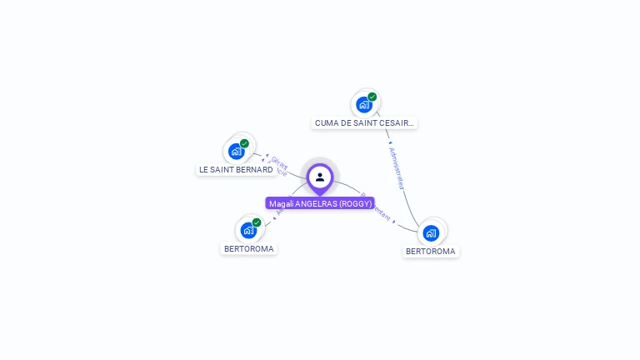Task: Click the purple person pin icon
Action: click(320, 177)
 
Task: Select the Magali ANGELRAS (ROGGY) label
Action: click(320, 203)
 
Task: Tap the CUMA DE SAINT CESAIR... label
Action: click(364, 122)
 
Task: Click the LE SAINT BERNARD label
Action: click(236, 169)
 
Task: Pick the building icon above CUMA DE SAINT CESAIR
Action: click(363, 105)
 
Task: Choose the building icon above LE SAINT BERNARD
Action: click(236, 152)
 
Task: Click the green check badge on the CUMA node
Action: click(372, 97)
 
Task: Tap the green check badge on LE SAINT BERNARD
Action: click(245, 143)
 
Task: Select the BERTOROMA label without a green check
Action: click(431, 251)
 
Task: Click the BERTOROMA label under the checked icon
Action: click(249, 248)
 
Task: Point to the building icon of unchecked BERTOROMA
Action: click(431, 232)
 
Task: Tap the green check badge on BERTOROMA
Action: click(257, 222)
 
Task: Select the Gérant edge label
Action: click(278, 162)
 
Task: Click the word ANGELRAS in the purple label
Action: click(317, 203)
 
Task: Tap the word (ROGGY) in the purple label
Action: click(356, 203)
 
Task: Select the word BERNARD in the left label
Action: click(257, 169)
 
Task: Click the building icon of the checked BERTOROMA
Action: click(248, 231)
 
